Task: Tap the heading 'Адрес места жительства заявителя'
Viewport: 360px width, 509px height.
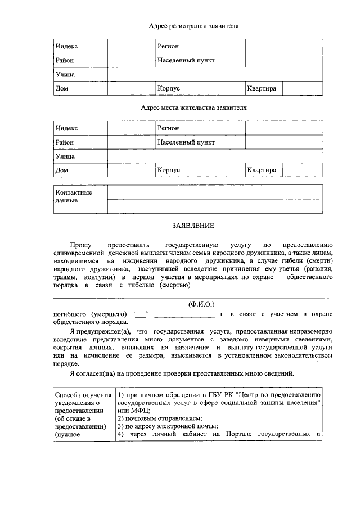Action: pos(193,107)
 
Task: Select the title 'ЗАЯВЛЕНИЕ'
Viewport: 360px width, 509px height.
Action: pos(193,226)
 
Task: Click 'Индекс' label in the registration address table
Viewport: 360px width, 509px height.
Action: pos(66,46)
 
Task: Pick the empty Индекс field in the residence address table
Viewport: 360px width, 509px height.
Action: pos(131,128)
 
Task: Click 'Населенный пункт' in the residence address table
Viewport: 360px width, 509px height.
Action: pos(186,142)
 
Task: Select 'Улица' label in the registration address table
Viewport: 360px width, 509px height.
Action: pos(65,74)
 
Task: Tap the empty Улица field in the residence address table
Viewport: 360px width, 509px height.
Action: pos(215,156)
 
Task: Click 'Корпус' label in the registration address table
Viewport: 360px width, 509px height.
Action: pos(169,88)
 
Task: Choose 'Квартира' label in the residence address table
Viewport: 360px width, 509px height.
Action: pos(262,170)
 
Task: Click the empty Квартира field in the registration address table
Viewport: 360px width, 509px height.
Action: pos(303,88)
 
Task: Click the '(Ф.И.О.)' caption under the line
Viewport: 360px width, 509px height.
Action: pos(201,304)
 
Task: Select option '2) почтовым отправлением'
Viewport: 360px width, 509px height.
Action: pos(160,418)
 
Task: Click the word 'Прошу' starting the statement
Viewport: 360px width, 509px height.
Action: pos(80,245)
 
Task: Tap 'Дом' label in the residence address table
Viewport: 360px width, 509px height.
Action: pos(61,170)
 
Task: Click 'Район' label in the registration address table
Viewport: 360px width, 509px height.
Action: pos(64,60)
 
